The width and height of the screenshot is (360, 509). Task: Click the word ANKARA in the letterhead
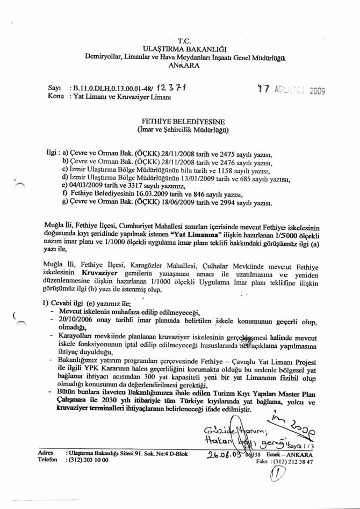coord(184,66)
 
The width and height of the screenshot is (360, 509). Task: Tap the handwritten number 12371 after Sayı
coord(172,88)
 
